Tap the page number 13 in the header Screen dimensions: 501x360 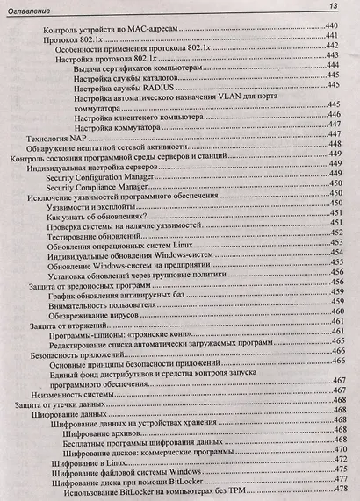coord(334,7)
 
